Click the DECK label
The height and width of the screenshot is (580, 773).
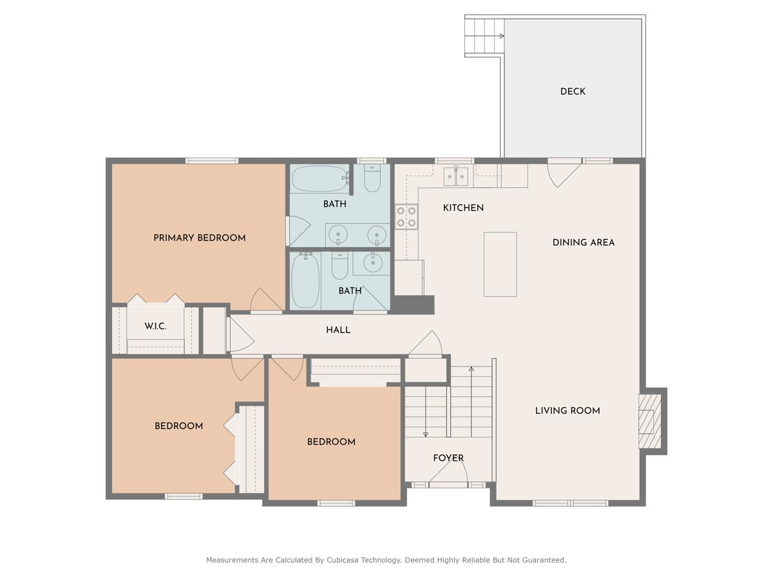(572, 92)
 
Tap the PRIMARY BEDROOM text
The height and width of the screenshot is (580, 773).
(199, 238)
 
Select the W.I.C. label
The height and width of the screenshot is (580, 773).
(155, 326)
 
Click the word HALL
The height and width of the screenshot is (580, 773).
(338, 330)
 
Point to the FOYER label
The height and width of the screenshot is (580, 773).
(448, 458)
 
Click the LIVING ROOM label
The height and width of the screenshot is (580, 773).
(568, 411)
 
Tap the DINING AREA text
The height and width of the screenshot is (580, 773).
(583, 243)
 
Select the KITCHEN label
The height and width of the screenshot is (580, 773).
(463, 208)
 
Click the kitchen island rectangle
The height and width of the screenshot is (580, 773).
(500, 264)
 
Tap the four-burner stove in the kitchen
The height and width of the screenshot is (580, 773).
(406, 217)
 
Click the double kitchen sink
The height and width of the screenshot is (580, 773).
(455, 176)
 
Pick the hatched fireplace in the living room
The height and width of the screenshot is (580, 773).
(650, 421)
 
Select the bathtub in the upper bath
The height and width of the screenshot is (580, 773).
(320, 179)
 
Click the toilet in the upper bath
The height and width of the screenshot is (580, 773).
(372, 178)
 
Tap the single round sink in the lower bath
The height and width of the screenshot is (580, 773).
(373, 263)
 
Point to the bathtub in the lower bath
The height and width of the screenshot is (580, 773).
(305, 280)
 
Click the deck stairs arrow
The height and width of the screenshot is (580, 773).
(501, 36)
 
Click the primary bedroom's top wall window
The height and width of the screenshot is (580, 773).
(212, 161)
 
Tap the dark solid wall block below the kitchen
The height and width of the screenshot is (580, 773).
(413, 304)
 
